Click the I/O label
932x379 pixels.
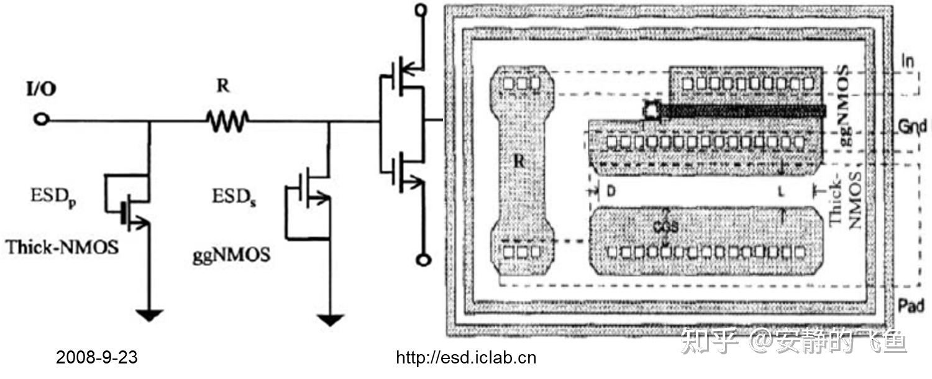click(41, 89)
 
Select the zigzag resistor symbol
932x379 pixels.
click(228, 121)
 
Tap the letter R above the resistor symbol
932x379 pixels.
click(222, 87)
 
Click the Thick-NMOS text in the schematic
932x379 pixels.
click(62, 247)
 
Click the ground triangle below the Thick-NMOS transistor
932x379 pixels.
click(149, 315)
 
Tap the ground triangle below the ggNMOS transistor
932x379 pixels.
click(329, 319)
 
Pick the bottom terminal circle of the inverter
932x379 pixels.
click(423, 260)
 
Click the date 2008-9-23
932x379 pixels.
click(97, 358)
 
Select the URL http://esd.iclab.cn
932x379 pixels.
click(466, 358)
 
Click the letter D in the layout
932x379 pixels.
click(611, 192)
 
